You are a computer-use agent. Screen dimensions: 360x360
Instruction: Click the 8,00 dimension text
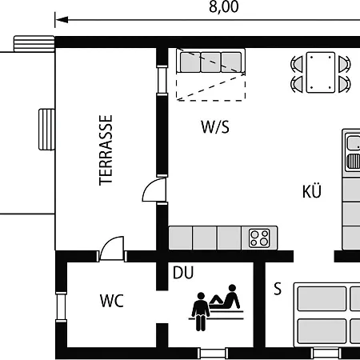coord(223,6)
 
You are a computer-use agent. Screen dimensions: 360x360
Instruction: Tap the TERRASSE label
coord(106,150)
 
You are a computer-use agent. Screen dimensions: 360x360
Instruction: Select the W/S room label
coord(215,127)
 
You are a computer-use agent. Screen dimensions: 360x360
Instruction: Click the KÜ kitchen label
coord(311,190)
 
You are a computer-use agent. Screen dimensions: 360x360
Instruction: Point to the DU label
coord(183,273)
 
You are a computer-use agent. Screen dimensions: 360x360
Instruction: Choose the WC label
coord(112,301)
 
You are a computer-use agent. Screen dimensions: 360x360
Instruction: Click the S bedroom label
coord(278,288)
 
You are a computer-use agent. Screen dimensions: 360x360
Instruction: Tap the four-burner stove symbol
coord(259,238)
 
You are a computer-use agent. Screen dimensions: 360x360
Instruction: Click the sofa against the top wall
coord(210,61)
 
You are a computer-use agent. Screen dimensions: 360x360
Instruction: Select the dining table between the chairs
coord(321,72)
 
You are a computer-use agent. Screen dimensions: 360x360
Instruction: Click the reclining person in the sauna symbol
coord(226,297)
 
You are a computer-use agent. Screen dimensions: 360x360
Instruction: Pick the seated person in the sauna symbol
coord(201,311)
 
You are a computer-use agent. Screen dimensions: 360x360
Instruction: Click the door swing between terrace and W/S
coord(154,190)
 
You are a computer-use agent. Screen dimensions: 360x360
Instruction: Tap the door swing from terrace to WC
coord(112,248)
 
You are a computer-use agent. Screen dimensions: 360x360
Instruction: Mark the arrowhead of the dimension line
coord(62,20)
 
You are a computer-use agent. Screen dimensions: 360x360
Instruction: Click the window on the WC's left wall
coord(61,306)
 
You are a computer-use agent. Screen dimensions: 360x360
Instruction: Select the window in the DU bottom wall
coord(213,353)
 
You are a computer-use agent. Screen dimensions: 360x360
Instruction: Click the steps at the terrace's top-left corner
coord(34,44)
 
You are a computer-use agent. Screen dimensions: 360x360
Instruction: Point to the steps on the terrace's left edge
coord(46,130)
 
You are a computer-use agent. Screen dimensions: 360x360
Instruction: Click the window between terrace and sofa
coord(162,80)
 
